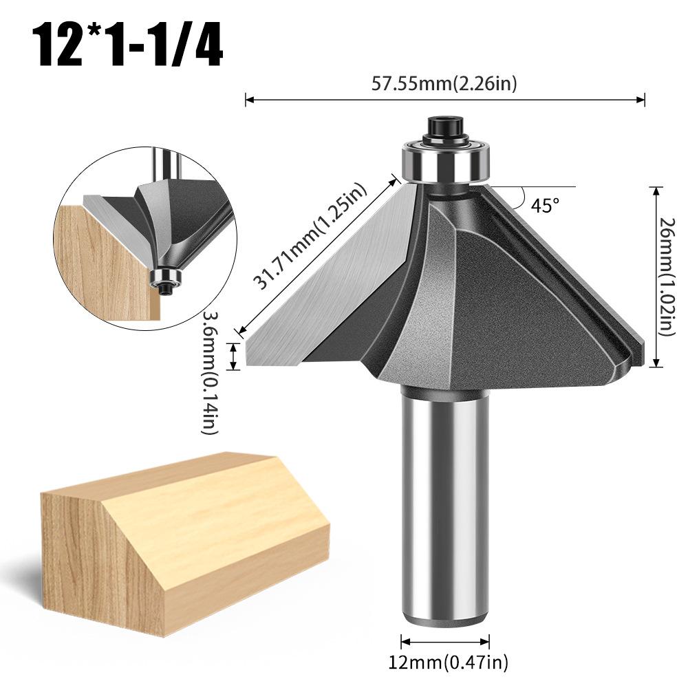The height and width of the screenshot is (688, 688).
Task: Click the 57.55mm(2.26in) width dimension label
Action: [x=444, y=83]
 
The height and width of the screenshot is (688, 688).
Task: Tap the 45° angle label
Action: [x=545, y=205]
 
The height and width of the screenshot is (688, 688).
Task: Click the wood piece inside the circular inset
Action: [x=103, y=261]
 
